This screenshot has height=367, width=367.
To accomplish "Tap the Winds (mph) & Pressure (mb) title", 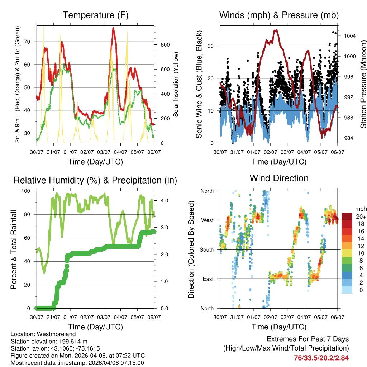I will (279, 15).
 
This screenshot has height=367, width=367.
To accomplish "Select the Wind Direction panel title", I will (279, 178).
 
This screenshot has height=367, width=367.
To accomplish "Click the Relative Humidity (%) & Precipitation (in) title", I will (95, 180).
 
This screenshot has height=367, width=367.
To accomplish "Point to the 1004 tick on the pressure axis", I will (349, 36).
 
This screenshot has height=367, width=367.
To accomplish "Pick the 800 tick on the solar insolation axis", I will (165, 45).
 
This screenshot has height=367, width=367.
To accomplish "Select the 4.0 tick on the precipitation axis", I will (165, 201).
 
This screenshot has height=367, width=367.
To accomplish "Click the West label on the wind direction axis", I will (207, 220).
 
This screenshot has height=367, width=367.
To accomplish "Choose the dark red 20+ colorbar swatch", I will (347, 216).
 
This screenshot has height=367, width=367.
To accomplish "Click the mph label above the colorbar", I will (360, 209).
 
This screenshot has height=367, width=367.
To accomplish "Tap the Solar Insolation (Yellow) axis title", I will (176, 84).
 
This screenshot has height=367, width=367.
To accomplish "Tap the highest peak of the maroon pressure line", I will (276, 30).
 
